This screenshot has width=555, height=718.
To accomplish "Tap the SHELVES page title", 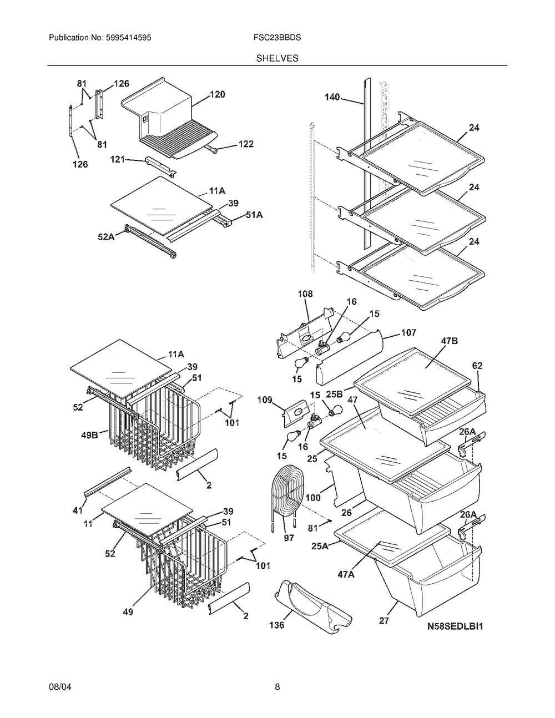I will point(277,58).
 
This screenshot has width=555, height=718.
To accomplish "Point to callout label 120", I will point(217,95).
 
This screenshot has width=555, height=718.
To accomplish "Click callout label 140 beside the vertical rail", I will point(333,97).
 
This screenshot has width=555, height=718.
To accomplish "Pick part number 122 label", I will point(245,144).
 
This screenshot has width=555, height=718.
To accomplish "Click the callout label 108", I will point(305,294).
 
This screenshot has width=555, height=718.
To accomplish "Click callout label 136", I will point(276,625).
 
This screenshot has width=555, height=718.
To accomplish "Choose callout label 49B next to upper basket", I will point(88,434).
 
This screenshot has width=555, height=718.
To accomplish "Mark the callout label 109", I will point(265,400).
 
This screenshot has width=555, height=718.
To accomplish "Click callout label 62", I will point(477,365).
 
